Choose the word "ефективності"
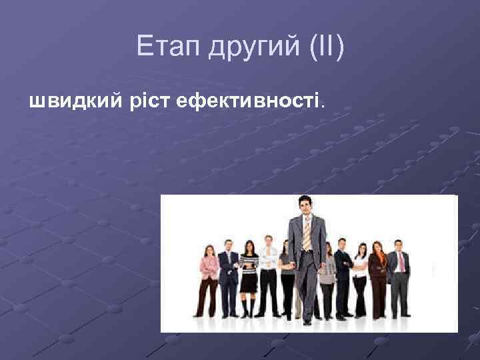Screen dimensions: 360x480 249,101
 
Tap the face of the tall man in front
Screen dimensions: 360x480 305,207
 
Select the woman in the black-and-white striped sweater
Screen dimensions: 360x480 249,267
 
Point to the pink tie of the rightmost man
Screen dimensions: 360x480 401,261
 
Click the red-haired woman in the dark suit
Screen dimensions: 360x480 378,273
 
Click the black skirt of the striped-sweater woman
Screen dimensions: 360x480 249,283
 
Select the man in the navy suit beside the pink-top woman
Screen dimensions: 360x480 229,273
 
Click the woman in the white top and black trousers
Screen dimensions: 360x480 360,277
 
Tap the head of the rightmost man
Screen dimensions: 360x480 399,245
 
